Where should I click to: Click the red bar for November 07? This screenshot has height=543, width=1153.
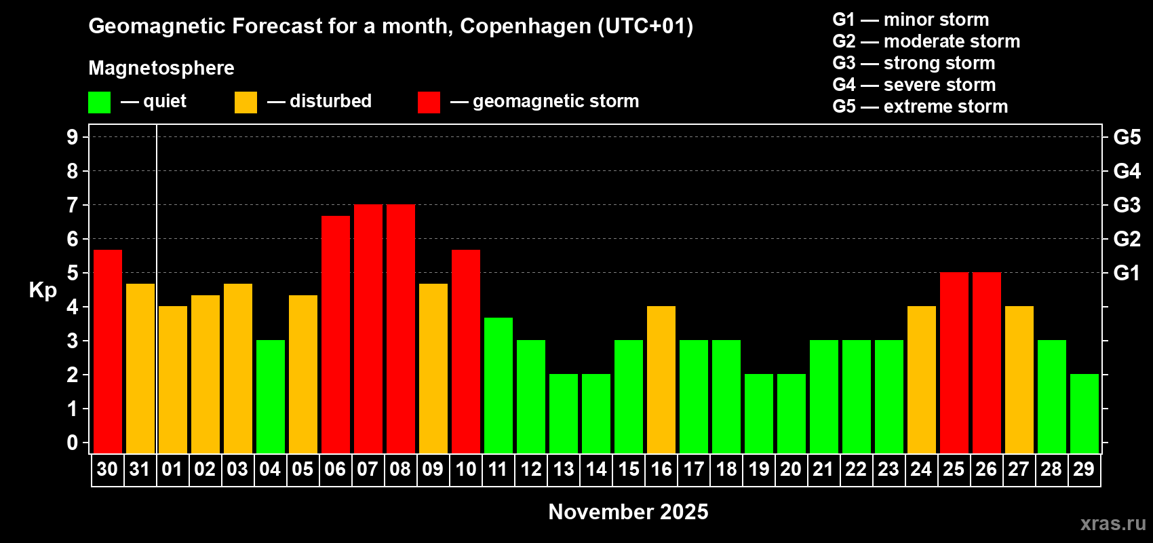(x=368, y=329)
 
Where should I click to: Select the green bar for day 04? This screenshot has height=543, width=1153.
(x=271, y=397)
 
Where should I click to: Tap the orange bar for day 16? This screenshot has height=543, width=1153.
(x=661, y=380)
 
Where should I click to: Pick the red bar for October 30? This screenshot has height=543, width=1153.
(x=108, y=352)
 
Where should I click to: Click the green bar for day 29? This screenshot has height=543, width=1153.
(x=1084, y=414)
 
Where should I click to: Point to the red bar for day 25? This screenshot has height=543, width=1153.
(x=954, y=363)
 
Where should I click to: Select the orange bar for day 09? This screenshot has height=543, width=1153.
(x=433, y=369)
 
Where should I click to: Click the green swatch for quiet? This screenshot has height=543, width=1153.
(x=99, y=102)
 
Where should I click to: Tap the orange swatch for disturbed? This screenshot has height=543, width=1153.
(x=246, y=102)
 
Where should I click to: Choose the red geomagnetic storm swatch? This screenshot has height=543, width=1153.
(x=429, y=102)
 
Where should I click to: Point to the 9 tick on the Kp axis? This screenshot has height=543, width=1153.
(x=73, y=137)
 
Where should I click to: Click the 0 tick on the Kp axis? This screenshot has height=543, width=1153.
(x=73, y=443)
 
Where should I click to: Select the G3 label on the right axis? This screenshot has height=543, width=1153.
(x=1127, y=205)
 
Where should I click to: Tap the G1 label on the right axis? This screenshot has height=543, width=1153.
(x=1127, y=273)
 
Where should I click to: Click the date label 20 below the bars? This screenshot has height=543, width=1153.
(x=791, y=470)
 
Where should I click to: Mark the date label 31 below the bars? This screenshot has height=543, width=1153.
(x=140, y=470)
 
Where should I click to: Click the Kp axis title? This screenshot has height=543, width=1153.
(x=43, y=291)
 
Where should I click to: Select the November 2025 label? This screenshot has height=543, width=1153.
(x=628, y=512)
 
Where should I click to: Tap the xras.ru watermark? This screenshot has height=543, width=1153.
(x=1113, y=523)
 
